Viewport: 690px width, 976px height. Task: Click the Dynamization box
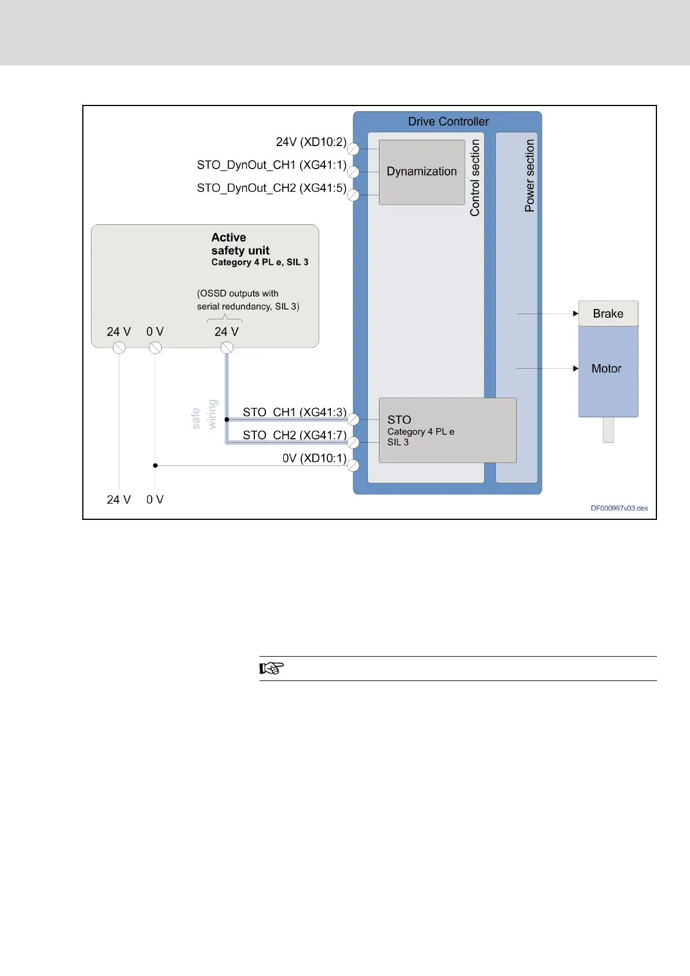click(422, 172)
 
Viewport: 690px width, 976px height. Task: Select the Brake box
click(608, 314)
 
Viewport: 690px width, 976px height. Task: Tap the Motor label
click(606, 369)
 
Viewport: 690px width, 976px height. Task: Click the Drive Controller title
click(448, 122)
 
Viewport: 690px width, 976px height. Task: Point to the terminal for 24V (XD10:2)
click(353, 149)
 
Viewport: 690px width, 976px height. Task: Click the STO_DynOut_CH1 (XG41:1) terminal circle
click(353, 172)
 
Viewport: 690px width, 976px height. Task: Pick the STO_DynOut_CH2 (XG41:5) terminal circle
click(353, 195)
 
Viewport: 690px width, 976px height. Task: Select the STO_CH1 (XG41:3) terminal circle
click(353, 419)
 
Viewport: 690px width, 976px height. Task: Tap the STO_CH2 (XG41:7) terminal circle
click(353, 442)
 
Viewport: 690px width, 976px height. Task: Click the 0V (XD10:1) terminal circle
click(353, 465)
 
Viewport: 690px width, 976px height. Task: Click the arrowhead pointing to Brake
click(575, 314)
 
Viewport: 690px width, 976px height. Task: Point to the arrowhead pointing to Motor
click(575, 369)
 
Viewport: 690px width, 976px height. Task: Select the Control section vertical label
click(475, 177)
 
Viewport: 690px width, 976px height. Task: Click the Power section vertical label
click(530, 175)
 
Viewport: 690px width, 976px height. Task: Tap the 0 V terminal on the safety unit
click(155, 348)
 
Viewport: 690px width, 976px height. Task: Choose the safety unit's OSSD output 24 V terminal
click(227, 348)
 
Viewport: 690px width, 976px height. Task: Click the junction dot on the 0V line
click(155, 465)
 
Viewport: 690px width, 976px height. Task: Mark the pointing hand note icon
click(271, 668)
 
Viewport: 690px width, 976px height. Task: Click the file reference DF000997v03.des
click(619, 508)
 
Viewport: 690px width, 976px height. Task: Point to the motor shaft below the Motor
click(608, 430)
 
